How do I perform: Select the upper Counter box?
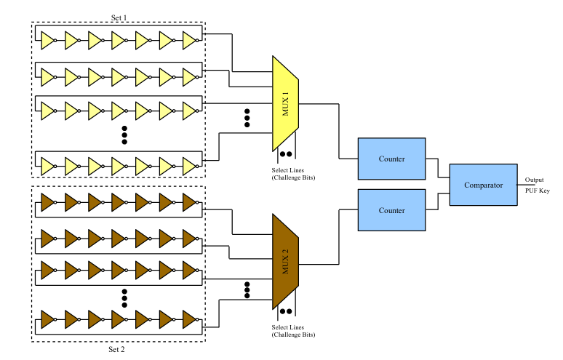point(391,159)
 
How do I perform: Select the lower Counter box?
point(391,210)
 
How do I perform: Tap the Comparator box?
point(483,185)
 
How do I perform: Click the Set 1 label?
point(118,17)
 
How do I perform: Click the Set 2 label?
point(118,349)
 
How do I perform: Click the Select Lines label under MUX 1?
point(288,170)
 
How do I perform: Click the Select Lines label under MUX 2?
point(288,327)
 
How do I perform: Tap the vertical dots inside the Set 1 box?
point(124,134)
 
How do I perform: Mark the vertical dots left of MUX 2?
point(247,289)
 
